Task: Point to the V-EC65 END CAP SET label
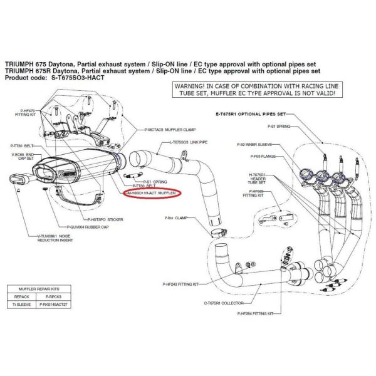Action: coord(25,155)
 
